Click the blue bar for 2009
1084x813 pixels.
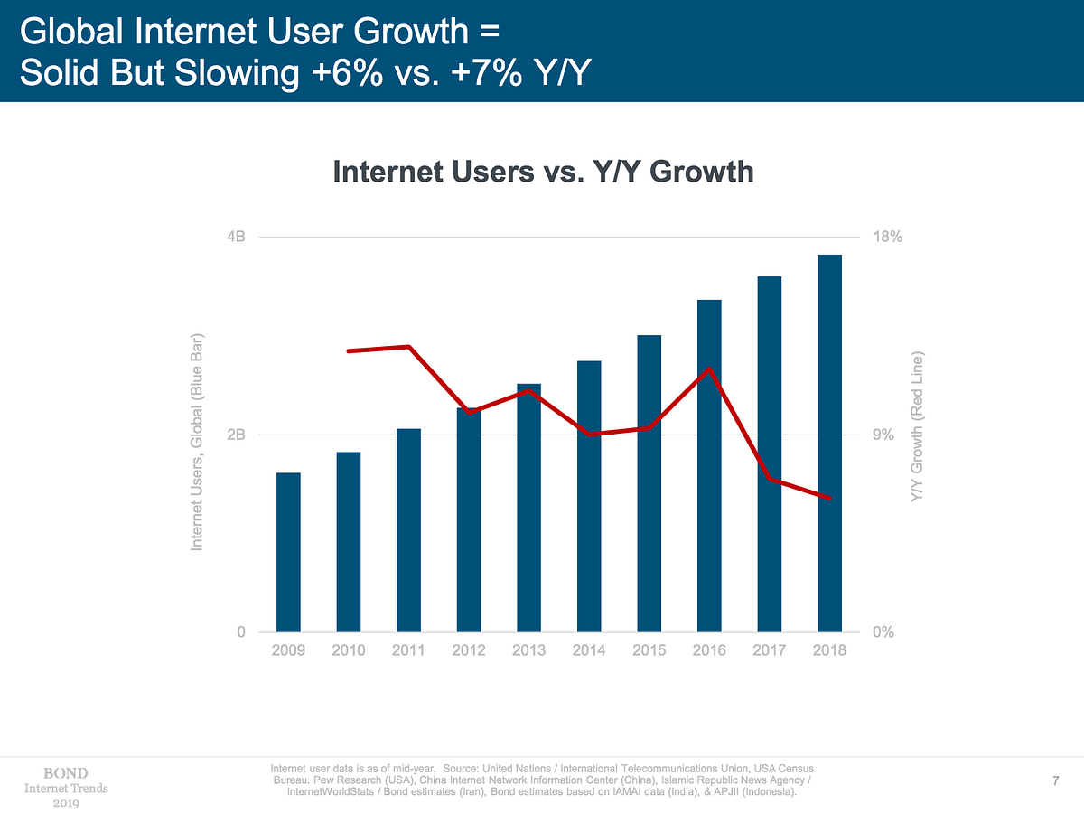[x=288, y=552]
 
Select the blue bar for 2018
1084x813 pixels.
[x=829, y=444]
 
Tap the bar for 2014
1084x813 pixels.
[x=589, y=496]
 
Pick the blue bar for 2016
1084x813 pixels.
[x=709, y=465]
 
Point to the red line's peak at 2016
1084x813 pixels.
[x=710, y=369]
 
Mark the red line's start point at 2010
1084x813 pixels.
[x=349, y=350]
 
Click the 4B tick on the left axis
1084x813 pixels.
[x=236, y=238]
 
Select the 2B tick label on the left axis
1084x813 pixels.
[x=236, y=435]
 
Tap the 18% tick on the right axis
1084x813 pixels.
[x=888, y=238]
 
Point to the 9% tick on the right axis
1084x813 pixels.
[x=883, y=435]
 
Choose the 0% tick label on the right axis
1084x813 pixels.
[x=883, y=632]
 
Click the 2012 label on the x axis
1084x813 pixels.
[x=469, y=650]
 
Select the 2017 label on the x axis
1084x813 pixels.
[x=769, y=650]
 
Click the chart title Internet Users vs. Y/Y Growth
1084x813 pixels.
[x=543, y=172]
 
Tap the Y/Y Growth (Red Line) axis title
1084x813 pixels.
[x=918, y=428]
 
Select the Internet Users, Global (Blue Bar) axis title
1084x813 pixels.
[x=197, y=442]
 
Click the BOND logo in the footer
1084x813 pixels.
[x=66, y=773]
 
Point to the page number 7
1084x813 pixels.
[x=1055, y=780]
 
